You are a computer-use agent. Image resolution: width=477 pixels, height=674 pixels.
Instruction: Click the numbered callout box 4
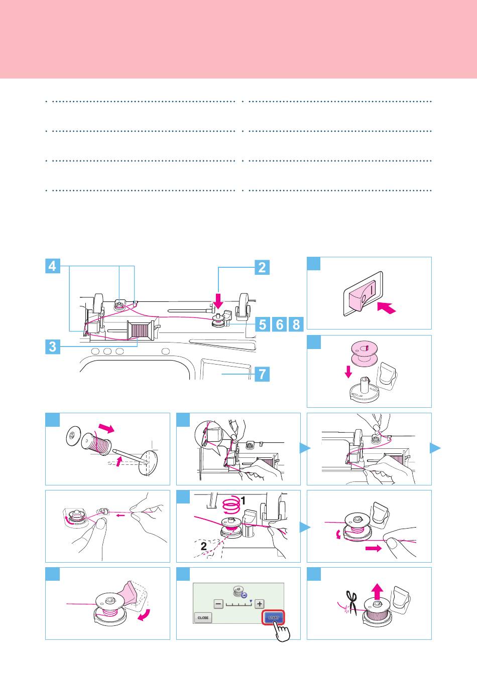click(x=53, y=266)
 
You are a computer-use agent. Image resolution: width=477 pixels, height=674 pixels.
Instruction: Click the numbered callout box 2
click(x=262, y=267)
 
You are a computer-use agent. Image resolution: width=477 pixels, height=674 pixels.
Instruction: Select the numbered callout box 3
click(x=53, y=347)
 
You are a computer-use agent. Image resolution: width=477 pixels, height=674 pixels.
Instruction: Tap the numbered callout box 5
click(x=263, y=324)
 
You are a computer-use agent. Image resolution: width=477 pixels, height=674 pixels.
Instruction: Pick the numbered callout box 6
click(x=279, y=324)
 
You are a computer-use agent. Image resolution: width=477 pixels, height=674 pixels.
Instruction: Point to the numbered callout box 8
click(x=296, y=324)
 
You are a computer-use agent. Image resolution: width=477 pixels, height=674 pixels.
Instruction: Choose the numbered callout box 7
click(x=262, y=374)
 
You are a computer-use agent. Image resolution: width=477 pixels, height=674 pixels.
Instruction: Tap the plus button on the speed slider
click(x=260, y=604)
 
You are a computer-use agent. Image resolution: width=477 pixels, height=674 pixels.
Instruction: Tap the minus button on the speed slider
click(x=218, y=604)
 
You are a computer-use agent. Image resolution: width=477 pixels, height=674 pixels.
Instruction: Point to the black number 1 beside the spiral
click(x=243, y=501)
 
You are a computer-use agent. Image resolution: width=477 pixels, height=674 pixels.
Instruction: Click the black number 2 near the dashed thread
click(x=204, y=546)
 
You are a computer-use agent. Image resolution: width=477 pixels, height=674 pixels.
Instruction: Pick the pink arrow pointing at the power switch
click(x=387, y=308)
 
